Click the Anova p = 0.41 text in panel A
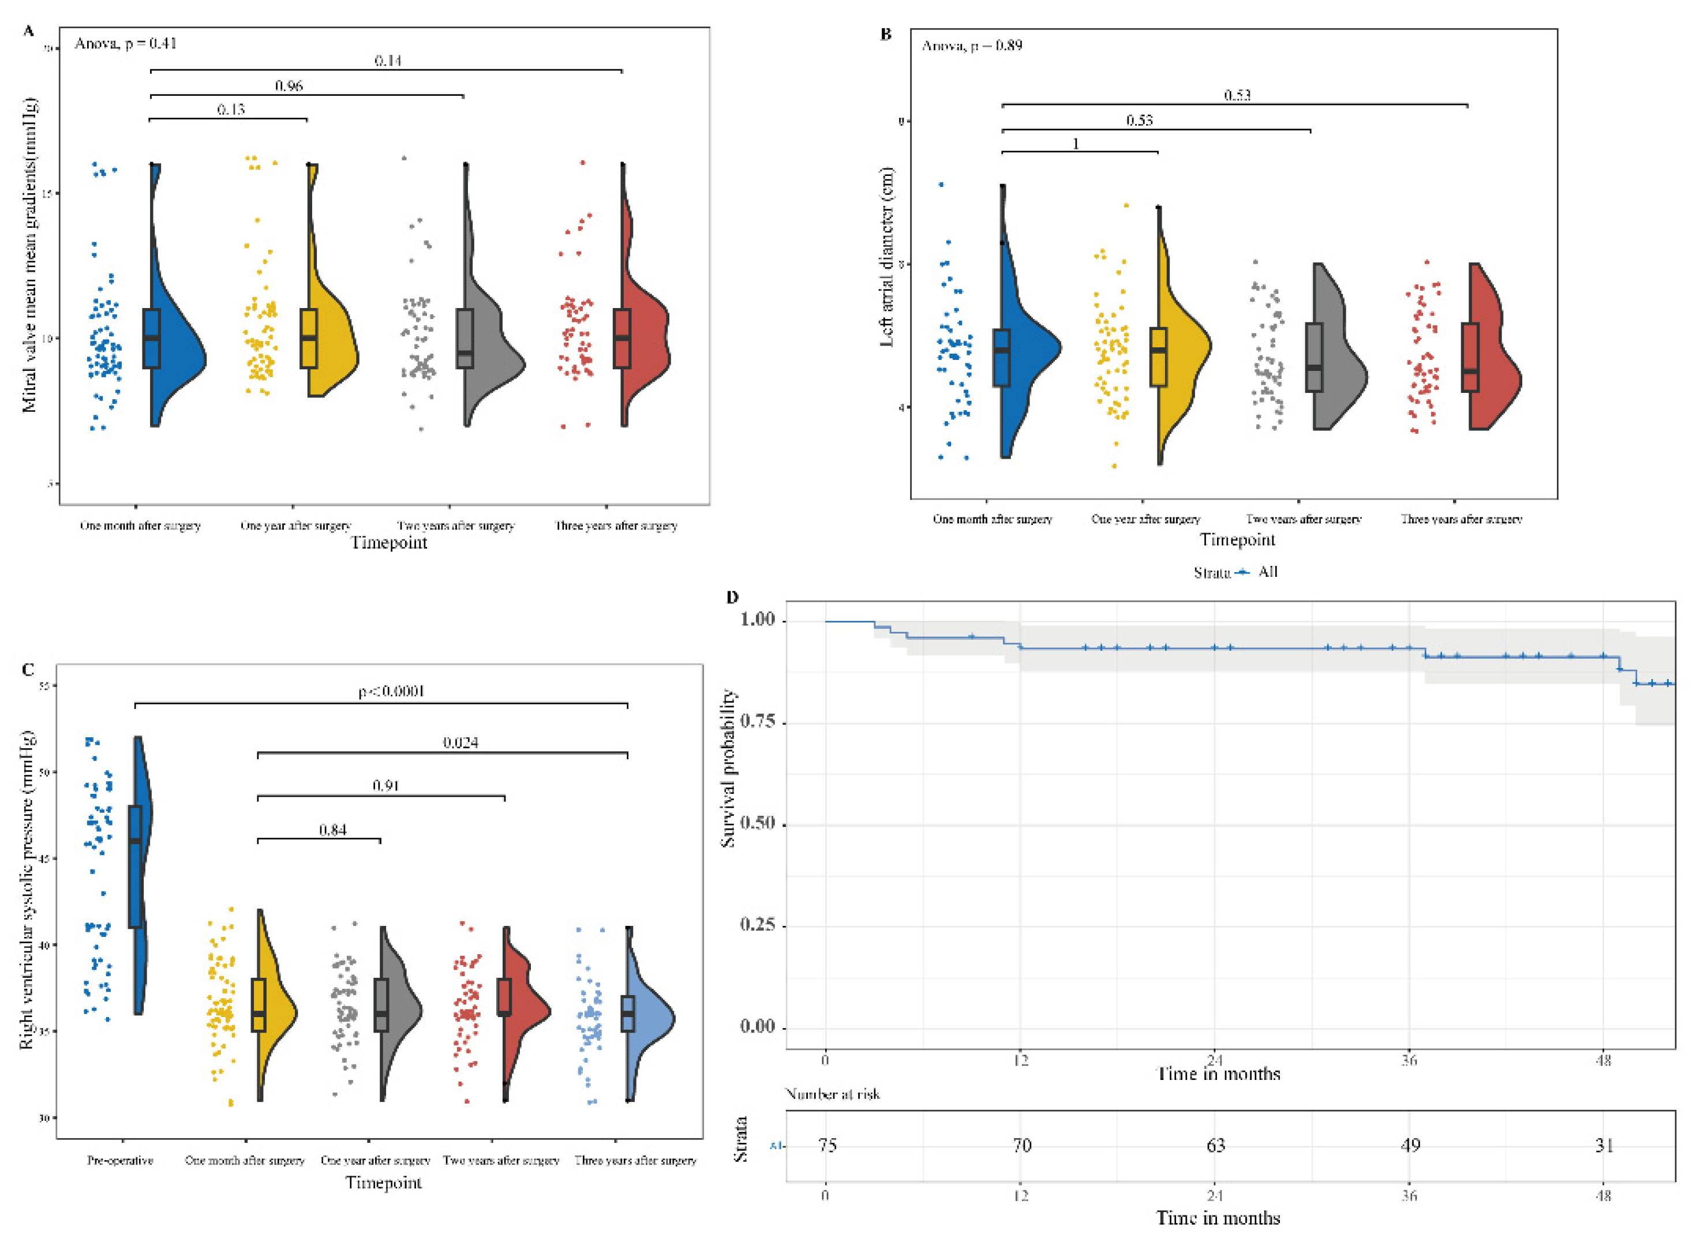(x=126, y=44)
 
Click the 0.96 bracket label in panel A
(x=289, y=86)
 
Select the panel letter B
(x=886, y=35)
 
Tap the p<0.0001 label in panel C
(x=392, y=691)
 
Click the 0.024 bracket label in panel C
(x=460, y=742)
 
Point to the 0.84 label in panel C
(x=333, y=830)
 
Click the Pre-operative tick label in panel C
(x=120, y=1160)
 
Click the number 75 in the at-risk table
(x=827, y=1145)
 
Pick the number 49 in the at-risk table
(x=1410, y=1145)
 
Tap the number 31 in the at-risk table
(x=1605, y=1145)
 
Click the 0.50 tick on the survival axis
(x=758, y=823)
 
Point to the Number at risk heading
(x=833, y=1094)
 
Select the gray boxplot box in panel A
(x=465, y=338)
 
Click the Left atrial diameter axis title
(x=888, y=257)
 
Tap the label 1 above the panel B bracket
(x=1076, y=144)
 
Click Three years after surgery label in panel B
(x=1461, y=519)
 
